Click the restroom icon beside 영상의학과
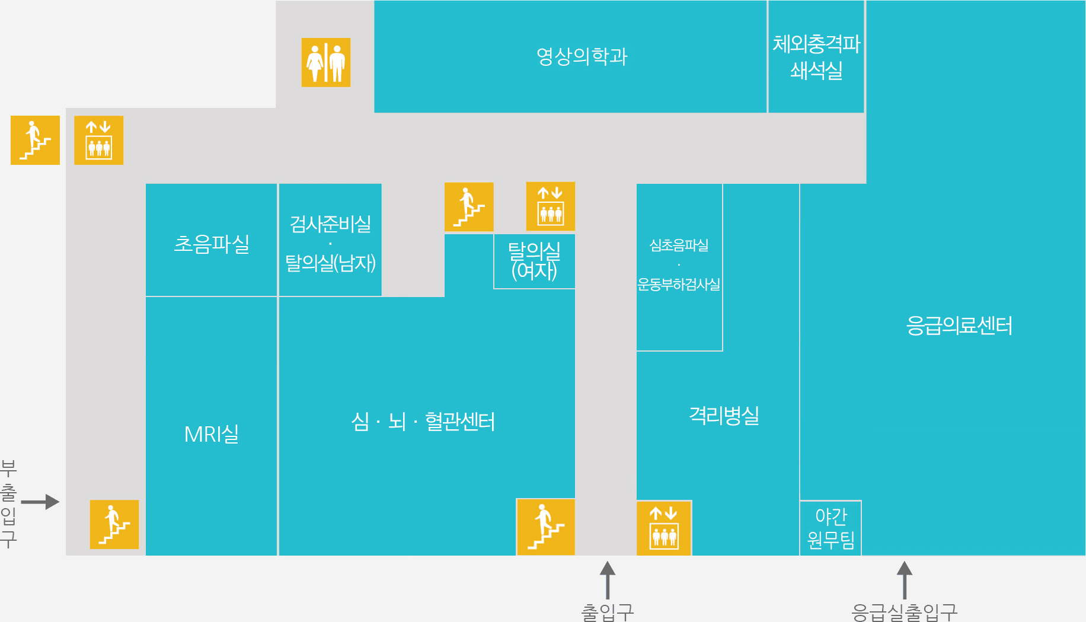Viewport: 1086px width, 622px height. tap(325, 62)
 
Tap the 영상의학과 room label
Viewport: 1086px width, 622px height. tap(582, 56)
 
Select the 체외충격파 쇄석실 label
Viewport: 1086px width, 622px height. tap(816, 56)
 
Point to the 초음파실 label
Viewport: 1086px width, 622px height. tap(212, 244)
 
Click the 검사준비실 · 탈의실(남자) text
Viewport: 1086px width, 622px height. tap(330, 243)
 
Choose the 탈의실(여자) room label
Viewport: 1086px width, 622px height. tap(534, 261)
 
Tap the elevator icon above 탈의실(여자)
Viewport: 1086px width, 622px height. tap(550, 206)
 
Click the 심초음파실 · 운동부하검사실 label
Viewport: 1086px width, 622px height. tap(679, 264)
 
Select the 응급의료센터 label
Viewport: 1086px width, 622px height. tap(959, 326)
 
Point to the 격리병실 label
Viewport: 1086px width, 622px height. tap(724, 415)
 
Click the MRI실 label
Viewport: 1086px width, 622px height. tap(212, 434)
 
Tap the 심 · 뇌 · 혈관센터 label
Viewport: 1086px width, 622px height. tap(423, 422)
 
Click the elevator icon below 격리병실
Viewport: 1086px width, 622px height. tap(664, 528)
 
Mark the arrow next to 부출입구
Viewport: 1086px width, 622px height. tap(40, 502)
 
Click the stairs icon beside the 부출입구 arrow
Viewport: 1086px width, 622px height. tap(114, 524)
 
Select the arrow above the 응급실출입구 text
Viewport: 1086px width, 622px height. tap(904, 580)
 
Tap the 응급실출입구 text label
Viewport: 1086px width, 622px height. tap(904, 612)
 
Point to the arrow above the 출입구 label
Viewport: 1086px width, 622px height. tap(608, 580)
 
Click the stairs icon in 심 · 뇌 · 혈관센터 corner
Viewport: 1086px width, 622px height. tap(545, 527)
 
